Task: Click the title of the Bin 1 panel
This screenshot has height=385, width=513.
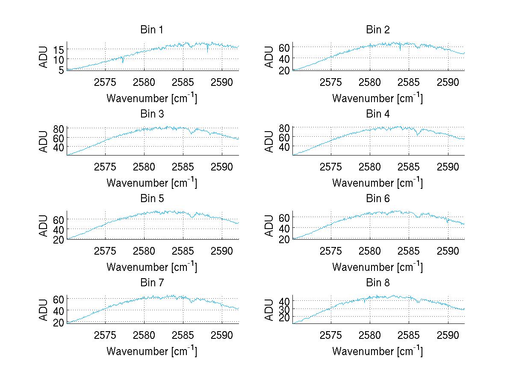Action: point(152,30)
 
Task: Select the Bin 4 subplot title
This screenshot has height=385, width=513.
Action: point(378,114)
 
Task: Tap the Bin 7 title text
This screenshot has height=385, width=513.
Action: point(152,283)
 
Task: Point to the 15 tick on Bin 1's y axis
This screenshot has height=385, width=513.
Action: point(59,50)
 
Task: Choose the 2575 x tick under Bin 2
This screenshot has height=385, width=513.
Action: point(331,82)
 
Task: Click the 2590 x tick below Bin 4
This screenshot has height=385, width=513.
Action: point(448,167)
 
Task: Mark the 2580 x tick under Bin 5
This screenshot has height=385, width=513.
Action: point(144,251)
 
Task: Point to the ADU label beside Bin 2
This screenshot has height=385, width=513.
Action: point(269,57)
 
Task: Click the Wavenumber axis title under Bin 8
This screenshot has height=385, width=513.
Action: point(377,351)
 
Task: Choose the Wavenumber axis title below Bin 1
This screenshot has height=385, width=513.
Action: point(152,98)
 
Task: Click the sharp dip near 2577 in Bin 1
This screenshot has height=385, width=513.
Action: point(123,62)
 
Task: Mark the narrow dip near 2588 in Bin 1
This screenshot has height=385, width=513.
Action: point(208,52)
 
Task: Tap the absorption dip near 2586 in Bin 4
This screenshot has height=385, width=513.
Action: point(417,135)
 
